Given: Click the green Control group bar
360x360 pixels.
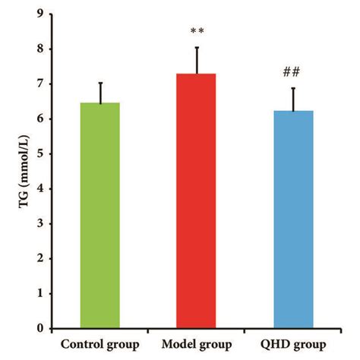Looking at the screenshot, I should click(99, 216).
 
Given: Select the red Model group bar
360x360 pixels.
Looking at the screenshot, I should click(197, 201).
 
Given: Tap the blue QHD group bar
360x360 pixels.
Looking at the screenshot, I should click(293, 219).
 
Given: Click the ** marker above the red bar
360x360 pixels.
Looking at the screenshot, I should click(197, 32).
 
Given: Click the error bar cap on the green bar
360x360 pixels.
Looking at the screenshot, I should click(99, 82).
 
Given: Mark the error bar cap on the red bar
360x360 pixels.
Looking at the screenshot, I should click(197, 47).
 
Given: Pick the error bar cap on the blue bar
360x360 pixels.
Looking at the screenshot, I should click(293, 88).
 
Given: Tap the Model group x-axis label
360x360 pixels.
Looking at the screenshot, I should click(196, 343).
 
